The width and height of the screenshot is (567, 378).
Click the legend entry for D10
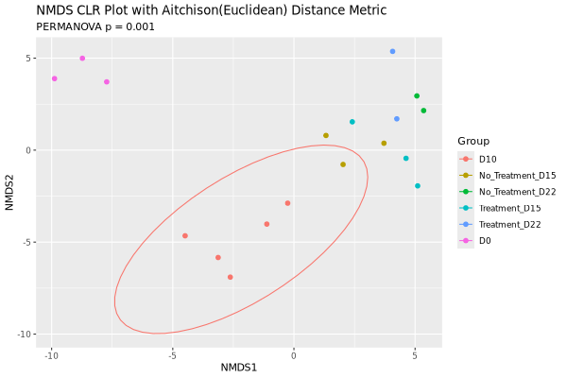tap(487, 159)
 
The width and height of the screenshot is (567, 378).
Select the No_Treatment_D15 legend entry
tap(517, 175)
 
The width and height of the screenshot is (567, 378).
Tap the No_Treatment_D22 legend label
tap(517, 191)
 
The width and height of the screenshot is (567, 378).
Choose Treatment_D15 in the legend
tap(509, 208)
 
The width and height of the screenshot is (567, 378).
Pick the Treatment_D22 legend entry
tap(509, 224)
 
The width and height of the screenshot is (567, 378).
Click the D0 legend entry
tap(485, 241)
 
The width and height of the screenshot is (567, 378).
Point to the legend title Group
tap(473, 141)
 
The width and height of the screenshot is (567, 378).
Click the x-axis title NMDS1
tap(239, 367)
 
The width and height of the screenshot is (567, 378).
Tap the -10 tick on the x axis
tap(51, 355)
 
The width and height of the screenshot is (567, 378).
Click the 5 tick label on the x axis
tap(415, 355)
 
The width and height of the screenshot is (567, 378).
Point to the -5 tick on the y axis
tap(29, 242)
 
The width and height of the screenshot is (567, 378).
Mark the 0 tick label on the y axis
tap(32, 150)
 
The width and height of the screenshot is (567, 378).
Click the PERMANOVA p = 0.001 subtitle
tap(95, 26)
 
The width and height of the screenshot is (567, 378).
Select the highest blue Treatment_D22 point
tap(392, 51)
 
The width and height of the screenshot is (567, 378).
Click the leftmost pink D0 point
tap(55, 78)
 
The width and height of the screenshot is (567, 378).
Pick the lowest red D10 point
tap(230, 277)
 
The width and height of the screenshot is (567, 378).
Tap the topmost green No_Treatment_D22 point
tap(417, 95)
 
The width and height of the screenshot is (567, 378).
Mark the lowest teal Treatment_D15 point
tap(418, 185)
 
